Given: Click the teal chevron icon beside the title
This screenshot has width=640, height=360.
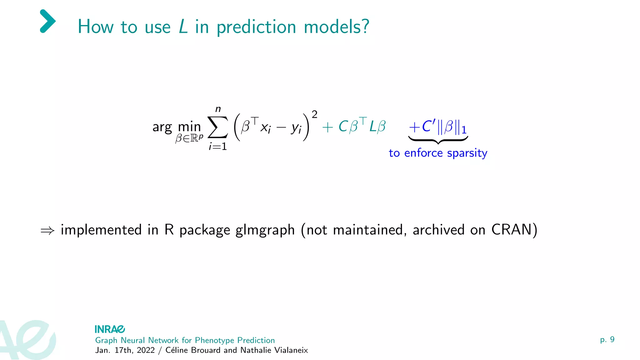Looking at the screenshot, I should pos(47,21).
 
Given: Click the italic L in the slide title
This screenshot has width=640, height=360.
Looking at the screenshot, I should pos(183,27).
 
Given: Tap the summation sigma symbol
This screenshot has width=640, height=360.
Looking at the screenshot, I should pos(217,127).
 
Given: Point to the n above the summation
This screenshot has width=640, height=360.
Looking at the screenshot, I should pos(218,109).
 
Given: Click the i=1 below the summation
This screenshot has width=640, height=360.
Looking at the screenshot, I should pos(218,146).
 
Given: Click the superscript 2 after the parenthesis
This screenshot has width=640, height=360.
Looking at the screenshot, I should pos(315,114).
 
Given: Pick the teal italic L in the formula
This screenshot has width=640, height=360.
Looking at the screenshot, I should pos(373,127).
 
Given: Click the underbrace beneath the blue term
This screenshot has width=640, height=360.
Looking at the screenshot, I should pos(438,140).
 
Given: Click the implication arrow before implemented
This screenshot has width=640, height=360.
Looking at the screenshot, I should pos(47,231).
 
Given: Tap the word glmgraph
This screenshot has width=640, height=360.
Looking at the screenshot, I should pos(265,230).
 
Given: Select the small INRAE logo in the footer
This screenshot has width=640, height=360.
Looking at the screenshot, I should pos(110,329).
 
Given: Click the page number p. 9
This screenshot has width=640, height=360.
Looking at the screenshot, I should pos(607,340).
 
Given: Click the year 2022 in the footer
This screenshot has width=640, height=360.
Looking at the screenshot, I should pos(146,350).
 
